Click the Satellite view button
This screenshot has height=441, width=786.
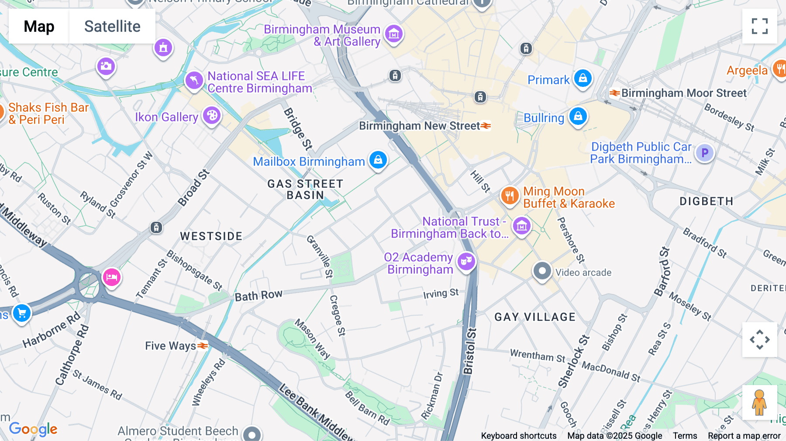coord(112,26)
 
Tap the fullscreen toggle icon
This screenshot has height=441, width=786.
coord(759,26)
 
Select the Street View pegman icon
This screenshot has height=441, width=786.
coord(759,403)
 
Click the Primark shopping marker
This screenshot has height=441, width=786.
coord(583,79)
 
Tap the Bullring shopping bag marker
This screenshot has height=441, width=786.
coord(578,117)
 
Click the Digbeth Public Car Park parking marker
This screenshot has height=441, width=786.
coord(704,153)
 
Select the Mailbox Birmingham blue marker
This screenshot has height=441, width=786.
coord(378,160)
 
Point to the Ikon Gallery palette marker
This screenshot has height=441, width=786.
coord(212,116)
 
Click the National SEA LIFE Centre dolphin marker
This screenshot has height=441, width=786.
coord(194,80)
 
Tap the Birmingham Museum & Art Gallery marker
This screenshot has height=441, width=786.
coord(393,34)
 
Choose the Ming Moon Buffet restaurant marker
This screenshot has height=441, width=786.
coord(509,196)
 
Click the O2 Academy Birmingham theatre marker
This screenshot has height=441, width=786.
coord(466,262)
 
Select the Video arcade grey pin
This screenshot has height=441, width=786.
coord(542,271)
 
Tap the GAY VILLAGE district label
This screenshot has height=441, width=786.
coord(535,317)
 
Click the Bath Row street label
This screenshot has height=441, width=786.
coord(259,296)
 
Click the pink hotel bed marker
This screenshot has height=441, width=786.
coord(111,277)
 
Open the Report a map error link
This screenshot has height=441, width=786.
coord(744,436)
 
